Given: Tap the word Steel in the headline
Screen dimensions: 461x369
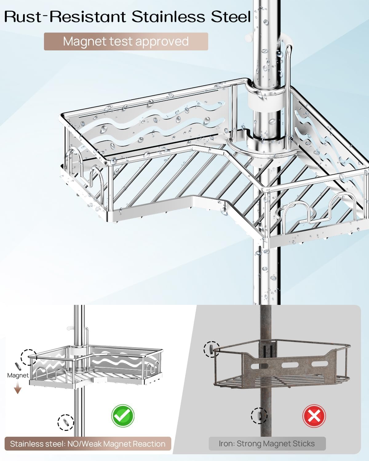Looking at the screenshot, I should [231, 17].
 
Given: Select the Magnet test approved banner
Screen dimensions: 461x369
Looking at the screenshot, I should [126, 41].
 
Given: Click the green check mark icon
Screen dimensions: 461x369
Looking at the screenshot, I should [122, 416].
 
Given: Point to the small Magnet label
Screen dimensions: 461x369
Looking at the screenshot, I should [18, 375].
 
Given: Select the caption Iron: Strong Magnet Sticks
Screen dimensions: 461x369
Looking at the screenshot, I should [267, 443].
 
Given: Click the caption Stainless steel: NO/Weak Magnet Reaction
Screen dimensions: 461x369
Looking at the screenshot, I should [88, 444].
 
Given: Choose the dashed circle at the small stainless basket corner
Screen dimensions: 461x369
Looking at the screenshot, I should [29, 357].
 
